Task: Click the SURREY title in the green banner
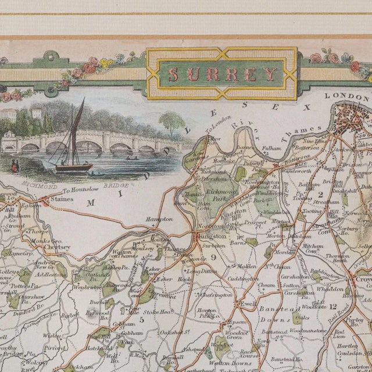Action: pyautogui.click(x=223, y=74)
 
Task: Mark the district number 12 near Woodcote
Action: pyautogui.click(x=333, y=306)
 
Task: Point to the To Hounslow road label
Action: pyautogui.click(x=81, y=191)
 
